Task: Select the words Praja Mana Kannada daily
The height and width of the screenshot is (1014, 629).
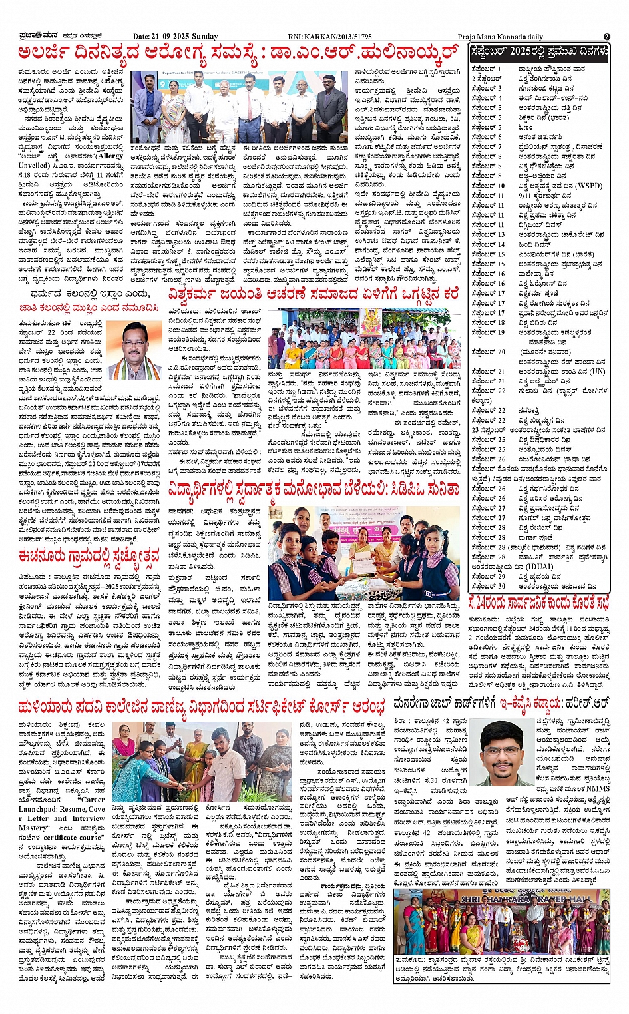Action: click(x=500, y=37)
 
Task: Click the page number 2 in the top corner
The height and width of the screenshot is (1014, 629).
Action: click(x=606, y=37)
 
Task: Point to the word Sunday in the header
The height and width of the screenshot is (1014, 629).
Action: click(x=204, y=37)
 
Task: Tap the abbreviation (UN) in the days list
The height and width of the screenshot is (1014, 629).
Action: click(x=597, y=372)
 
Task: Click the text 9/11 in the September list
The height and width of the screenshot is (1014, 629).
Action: click(x=526, y=196)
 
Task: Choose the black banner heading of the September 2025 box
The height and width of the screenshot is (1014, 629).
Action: click(x=538, y=51)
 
